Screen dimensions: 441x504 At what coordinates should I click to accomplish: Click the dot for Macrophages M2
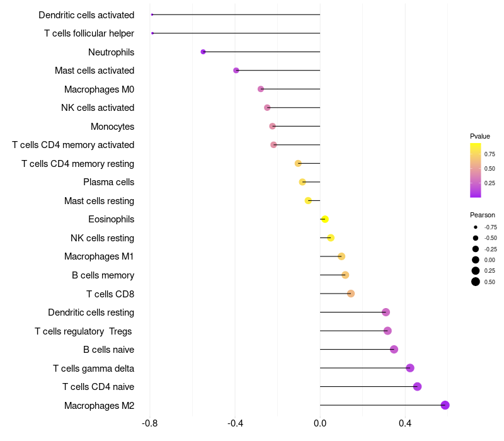[445, 405]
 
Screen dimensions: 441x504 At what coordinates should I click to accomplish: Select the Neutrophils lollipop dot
[203, 52]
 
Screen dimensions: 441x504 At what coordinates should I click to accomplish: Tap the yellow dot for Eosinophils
[325, 219]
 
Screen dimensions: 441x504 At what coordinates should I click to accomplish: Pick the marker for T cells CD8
[351, 294]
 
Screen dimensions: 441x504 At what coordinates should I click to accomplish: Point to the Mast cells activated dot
[236, 71]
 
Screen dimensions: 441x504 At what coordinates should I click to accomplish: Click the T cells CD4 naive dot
[417, 387]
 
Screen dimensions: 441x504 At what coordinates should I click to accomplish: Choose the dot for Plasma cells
[302, 182]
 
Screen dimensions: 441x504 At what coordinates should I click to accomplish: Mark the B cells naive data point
[394, 350]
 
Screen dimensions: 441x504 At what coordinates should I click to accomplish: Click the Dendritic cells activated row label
[86, 14]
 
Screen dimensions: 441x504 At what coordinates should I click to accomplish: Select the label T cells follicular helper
[89, 33]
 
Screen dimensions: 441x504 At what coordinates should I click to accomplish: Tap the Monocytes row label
[112, 127]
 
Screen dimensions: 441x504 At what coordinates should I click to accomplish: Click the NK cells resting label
[102, 238]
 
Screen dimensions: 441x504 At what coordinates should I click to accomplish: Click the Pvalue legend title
[480, 136]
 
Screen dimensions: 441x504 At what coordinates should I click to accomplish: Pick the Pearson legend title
[483, 215]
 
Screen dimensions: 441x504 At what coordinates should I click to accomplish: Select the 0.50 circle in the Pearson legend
[476, 282]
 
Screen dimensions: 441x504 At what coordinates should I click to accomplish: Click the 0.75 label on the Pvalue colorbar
[490, 154]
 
